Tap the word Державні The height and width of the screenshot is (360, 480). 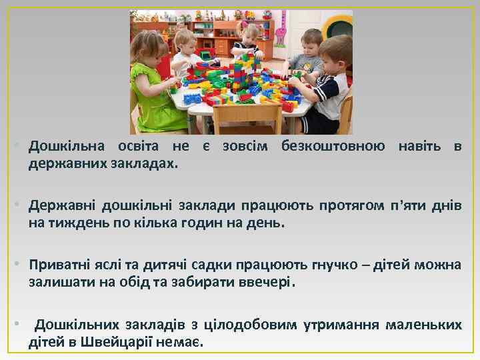(61, 207)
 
